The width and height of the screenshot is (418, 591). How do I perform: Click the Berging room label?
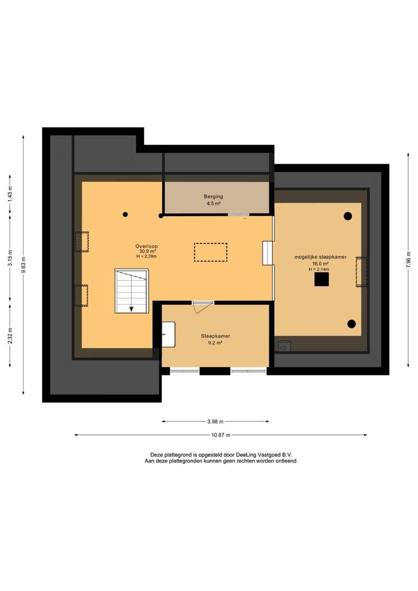(213, 196)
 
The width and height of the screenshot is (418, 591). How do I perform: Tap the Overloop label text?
(147, 246)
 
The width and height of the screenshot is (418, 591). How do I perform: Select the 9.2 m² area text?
(216, 343)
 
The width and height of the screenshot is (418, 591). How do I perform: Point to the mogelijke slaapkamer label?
(321, 257)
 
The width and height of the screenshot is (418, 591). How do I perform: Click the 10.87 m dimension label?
(220, 435)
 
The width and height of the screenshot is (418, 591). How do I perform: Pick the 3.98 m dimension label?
(216, 421)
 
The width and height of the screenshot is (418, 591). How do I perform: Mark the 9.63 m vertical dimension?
(24, 265)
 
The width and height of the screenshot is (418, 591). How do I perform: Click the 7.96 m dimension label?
(408, 259)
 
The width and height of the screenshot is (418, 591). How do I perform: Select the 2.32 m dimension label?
(10, 335)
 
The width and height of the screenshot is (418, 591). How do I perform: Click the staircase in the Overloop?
(131, 291)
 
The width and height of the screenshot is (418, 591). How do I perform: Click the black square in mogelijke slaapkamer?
(322, 279)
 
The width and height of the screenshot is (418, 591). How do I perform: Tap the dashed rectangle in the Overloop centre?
(211, 252)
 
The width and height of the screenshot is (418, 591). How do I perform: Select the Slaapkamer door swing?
(201, 307)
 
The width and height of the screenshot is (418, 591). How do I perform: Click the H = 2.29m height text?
(147, 256)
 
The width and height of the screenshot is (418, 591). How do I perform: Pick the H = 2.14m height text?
(319, 269)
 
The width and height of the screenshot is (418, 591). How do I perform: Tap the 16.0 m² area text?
(321, 264)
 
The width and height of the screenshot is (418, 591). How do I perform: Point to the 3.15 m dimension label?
(10, 258)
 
